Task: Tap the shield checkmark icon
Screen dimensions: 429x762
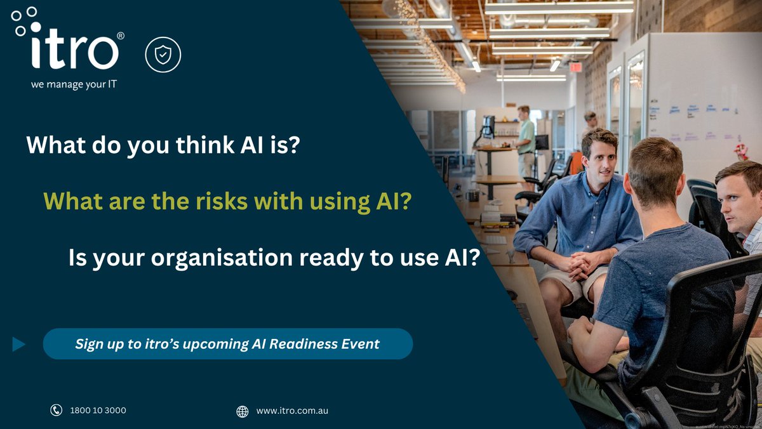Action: pos(163,55)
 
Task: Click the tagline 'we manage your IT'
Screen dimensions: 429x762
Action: pos(74,84)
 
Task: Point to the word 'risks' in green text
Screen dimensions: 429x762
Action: pos(215,202)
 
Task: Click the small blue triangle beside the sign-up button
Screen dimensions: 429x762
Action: pos(19,344)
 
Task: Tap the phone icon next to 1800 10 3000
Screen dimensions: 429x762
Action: pos(56,411)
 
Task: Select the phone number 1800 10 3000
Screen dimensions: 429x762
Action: pos(98,411)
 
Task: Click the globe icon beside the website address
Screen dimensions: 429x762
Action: pos(242,411)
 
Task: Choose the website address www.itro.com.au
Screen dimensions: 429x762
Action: pos(292,411)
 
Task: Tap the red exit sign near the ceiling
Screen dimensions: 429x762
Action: pos(575,67)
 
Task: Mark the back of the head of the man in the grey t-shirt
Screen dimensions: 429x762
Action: pos(657,171)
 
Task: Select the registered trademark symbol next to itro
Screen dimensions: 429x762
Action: pos(121,36)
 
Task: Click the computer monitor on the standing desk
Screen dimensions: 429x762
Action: pos(488,125)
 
